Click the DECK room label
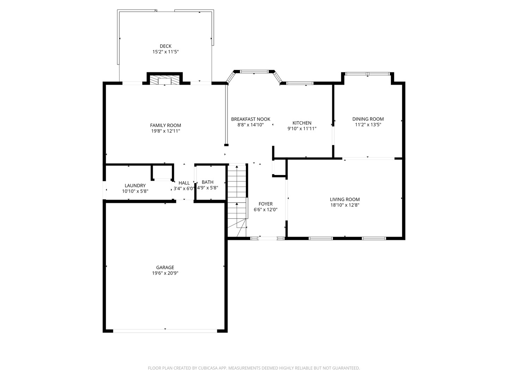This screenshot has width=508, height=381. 165,46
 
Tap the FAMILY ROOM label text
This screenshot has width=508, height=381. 165,125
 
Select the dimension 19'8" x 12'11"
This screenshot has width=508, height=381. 165,131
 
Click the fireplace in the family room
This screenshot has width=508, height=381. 164,80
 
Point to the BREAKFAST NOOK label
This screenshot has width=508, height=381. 250,119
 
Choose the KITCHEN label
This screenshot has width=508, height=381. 302,123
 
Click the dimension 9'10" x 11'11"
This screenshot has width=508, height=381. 302,129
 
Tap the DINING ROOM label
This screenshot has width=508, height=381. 368,119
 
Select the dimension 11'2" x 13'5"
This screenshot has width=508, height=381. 368,125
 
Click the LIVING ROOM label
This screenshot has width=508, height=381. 345,199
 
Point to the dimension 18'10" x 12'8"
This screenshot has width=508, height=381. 345,205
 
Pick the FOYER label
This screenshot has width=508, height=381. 265,204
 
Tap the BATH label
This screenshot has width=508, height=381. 207,182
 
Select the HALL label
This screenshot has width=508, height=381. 184,183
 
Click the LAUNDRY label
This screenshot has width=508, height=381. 135,186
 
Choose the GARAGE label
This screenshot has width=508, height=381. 165,267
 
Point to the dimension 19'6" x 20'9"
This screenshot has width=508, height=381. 165,273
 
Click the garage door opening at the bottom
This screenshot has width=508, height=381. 165,331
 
